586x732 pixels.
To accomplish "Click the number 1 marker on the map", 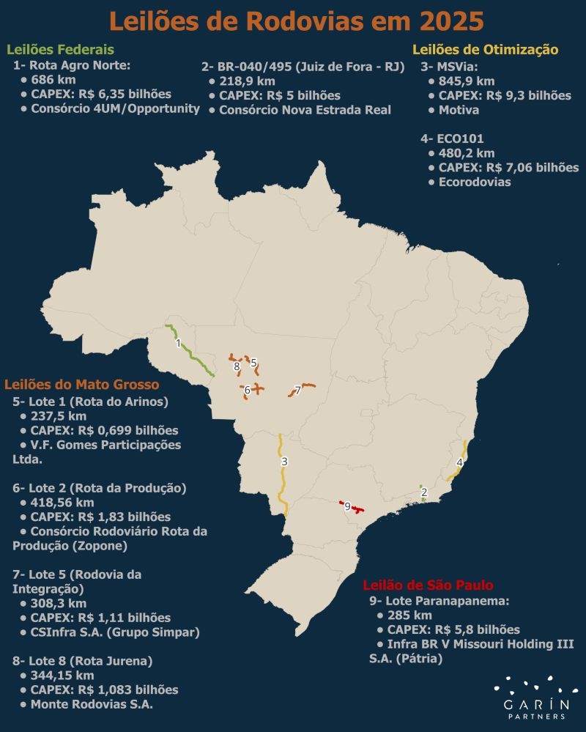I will pos(178,343).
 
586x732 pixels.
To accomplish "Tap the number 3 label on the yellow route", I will pos(284,462).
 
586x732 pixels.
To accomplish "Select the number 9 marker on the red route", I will pos(347,506).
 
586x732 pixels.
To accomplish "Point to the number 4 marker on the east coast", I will pos(459,462).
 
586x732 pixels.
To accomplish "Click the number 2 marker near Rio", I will pos(424,492).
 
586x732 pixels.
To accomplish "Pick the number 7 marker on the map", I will pos(298,389).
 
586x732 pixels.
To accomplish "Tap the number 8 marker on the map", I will pos(237,366).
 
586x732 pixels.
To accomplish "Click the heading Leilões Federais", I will pos(60,50).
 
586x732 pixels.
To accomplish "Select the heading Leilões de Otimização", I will pos(486,50).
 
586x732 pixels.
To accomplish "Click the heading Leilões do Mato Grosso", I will pos(82,384).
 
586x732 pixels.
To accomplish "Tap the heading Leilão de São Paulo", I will pos(428,585).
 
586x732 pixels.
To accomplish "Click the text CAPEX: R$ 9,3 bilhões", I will pos(504,95).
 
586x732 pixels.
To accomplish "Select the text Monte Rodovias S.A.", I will pos(96,704).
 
